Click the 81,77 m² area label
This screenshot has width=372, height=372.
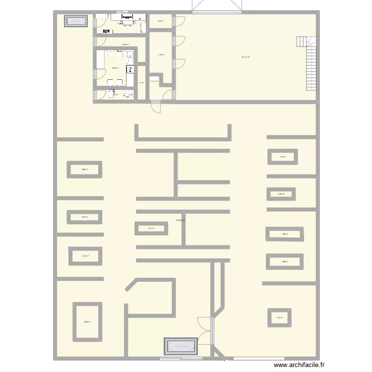(x=246, y=57)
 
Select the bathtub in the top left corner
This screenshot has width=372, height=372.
(x=76, y=21)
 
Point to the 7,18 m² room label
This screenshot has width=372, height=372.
(x=161, y=55)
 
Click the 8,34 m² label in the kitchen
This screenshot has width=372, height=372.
(x=115, y=68)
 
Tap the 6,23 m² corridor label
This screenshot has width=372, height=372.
(x=125, y=45)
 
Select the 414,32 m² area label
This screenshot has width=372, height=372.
(x=181, y=220)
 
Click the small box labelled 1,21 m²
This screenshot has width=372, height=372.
(x=151, y=228)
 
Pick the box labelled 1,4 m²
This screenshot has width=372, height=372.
(x=282, y=157)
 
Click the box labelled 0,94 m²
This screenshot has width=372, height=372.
(x=281, y=194)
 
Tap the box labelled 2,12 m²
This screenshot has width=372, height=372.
(x=85, y=256)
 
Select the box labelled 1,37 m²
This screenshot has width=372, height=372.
(x=279, y=317)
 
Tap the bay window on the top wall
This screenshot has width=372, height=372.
(x=217, y=6)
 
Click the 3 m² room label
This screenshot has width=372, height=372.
(x=141, y=83)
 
